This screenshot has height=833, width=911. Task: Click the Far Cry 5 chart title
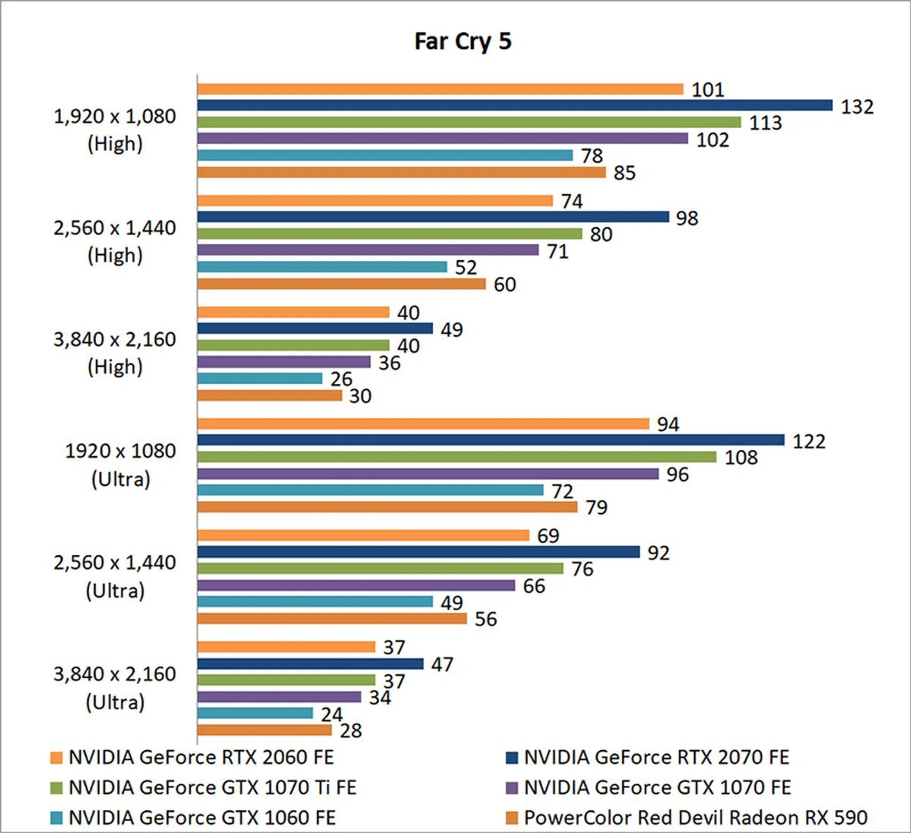click(463, 41)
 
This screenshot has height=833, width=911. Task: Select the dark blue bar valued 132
click(515, 105)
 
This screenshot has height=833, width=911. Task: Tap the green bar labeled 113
click(469, 122)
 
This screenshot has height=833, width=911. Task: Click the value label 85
click(624, 173)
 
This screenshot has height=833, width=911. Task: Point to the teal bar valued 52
click(322, 267)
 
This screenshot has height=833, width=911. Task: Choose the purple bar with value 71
click(368, 250)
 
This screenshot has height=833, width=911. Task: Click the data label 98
click(687, 218)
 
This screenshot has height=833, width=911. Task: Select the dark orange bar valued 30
click(270, 395)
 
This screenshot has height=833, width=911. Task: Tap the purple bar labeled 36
click(284, 362)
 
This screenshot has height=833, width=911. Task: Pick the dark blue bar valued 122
click(491, 440)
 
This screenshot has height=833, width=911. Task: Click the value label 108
click(741, 457)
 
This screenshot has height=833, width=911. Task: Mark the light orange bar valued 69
click(363, 535)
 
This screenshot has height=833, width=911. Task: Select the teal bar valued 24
click(255, 713)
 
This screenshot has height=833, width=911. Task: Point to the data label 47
click(442, 664)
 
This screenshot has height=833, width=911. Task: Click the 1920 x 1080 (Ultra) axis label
click(121, 464)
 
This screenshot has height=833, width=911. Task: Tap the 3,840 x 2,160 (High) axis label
click(115, 353)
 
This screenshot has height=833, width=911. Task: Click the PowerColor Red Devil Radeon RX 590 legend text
click(696, 817)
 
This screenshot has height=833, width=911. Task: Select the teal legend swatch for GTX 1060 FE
click(56, 818)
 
